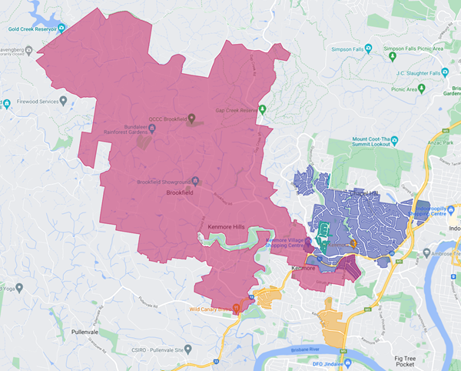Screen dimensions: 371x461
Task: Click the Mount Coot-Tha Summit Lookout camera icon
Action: coord(396,142)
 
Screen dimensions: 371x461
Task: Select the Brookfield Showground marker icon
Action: coord(196,182)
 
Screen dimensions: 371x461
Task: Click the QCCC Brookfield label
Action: coord(167,119)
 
